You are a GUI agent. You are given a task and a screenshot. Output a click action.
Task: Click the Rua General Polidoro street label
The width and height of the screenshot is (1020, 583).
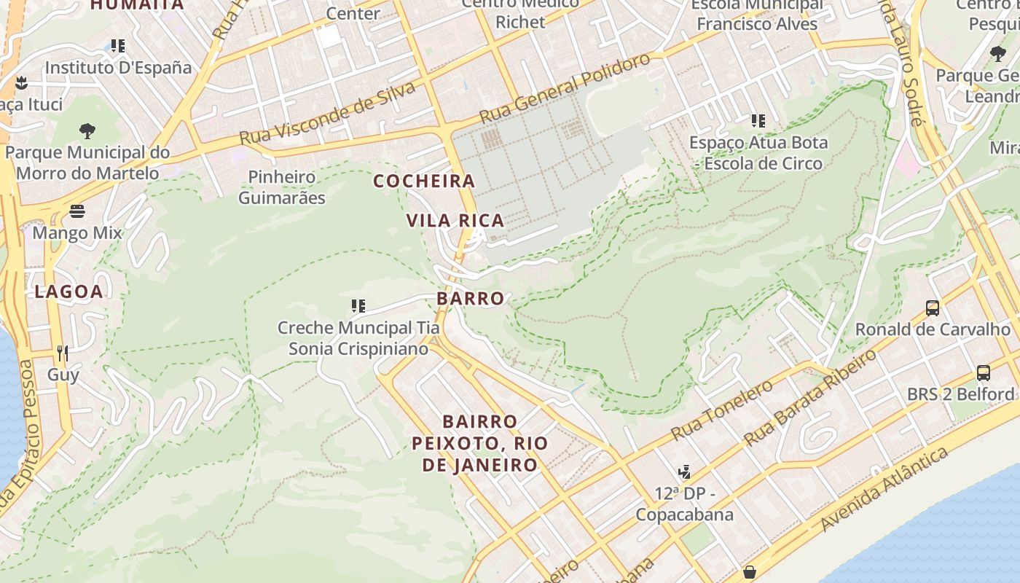[x=564, y=89]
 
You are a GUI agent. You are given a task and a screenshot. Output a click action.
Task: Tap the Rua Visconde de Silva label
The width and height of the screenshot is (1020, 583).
[x=328, y=114]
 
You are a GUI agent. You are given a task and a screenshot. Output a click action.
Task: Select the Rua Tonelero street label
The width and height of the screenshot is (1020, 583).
[x=721, y=410]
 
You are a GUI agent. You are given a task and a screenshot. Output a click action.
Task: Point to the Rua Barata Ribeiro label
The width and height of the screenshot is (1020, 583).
[x=811, y=398]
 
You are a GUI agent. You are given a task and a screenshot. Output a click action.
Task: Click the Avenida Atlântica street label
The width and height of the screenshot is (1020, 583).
[x=885, y=489]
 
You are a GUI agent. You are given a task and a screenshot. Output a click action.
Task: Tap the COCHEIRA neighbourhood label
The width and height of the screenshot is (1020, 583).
[x=424, y=181]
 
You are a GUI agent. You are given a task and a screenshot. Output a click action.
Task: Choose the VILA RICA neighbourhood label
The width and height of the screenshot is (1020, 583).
[x=455, y=220]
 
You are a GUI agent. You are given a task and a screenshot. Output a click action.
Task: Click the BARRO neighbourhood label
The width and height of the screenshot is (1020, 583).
[x=471, y=298]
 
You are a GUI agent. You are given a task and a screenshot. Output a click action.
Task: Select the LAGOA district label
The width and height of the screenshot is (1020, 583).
[x=69, y=291]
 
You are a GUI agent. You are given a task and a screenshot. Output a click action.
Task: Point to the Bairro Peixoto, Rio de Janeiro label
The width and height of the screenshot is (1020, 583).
[x=480, y=443]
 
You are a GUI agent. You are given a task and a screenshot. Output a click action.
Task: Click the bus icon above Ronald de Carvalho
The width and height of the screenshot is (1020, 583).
[x=933, y=308]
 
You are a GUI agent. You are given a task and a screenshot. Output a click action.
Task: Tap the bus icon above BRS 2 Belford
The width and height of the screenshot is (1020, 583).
[x=984, y=373]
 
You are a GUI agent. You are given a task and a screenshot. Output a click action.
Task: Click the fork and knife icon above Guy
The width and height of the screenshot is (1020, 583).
[x=63, y=353]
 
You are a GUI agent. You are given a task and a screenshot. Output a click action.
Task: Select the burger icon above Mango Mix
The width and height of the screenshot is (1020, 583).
[x=77, y=211]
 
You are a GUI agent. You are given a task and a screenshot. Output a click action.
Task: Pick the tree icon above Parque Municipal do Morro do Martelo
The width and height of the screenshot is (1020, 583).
[x=87, y=131]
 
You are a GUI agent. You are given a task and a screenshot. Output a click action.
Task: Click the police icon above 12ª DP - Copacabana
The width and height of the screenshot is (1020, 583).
[x=683, y=472]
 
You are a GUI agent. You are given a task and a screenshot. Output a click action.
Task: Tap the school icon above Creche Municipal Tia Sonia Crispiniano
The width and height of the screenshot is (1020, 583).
[x=358, y=305]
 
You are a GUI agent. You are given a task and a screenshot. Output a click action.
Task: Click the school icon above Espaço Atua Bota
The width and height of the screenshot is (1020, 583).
[x=758, y=120]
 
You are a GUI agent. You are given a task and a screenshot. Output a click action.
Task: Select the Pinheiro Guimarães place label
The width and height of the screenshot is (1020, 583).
[x=282, y=187]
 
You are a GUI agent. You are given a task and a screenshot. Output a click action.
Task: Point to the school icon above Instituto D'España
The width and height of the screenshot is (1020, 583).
[x=118, y=46]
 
